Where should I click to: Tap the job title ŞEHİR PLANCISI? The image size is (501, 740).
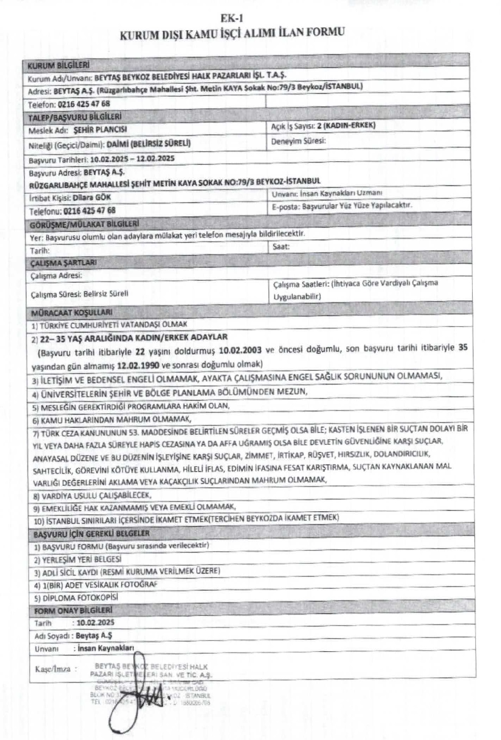100,129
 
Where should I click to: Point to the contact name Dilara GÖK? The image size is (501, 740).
92,198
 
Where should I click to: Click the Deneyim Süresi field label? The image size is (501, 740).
298,141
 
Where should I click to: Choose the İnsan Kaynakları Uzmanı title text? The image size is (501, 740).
341,193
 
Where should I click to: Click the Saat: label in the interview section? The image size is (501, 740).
281,246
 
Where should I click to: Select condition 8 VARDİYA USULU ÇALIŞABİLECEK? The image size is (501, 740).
93,495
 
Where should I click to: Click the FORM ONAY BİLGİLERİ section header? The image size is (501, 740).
73,610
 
